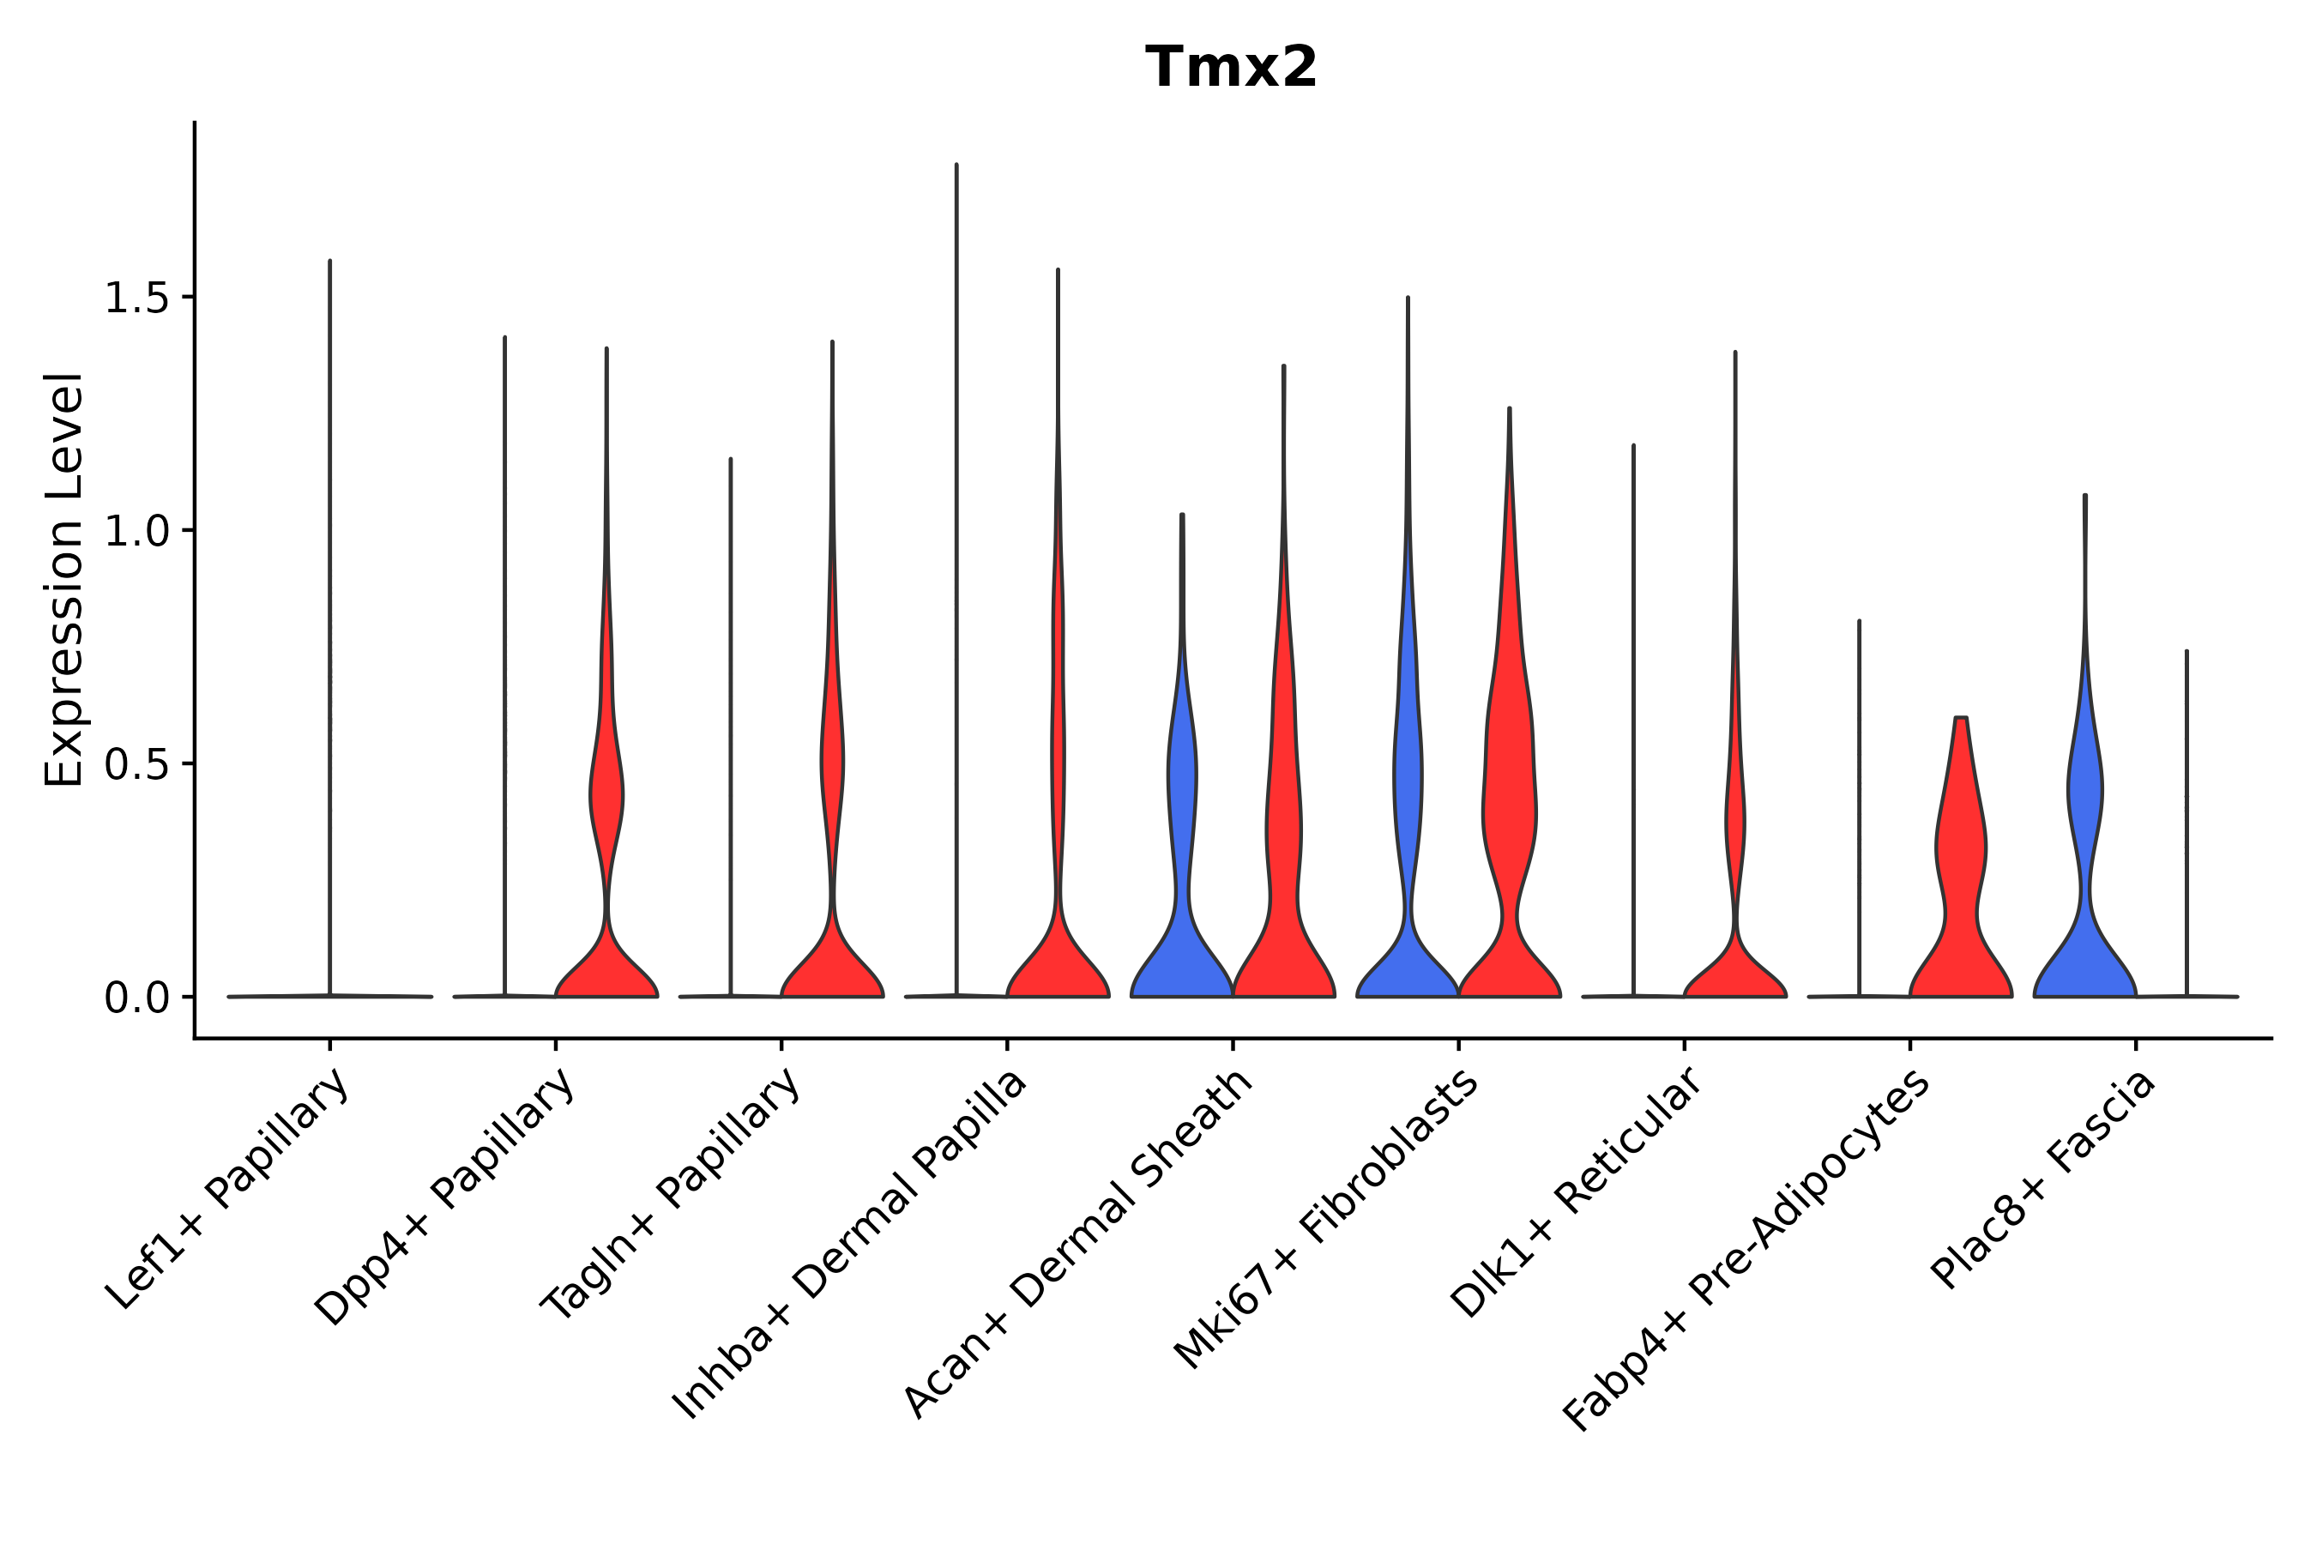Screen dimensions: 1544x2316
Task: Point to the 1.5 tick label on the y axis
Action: pyautogui.click(x=136, y=298)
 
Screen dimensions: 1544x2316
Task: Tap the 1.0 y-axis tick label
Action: pyautogui.click(x=136, y=531)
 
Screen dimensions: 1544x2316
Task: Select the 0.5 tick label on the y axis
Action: pyautogui.click(x=136, y=764)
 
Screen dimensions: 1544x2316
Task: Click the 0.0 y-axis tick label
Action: pyautogui.click(x=136, y=998)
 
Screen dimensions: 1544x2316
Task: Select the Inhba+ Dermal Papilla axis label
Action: pyautogui.click(x=850, y=1245)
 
